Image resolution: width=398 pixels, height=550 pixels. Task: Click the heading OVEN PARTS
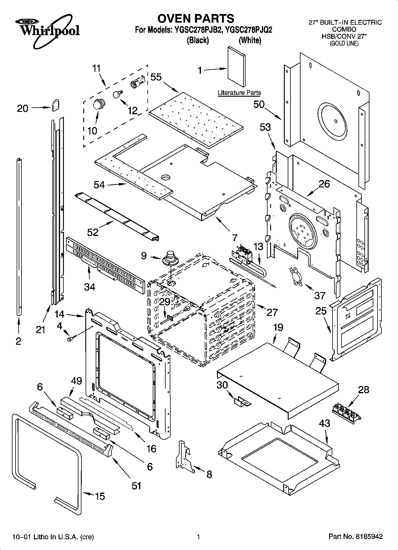[x=196, y=18]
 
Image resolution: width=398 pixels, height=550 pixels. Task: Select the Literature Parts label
[x=239, y=93]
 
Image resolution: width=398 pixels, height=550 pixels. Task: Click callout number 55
[x=156, y=77]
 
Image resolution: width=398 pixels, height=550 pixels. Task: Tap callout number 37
[x=320, y=295]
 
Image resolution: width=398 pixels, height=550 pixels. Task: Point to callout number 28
[x=364, y=389]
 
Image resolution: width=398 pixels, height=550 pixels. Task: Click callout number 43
[x=324, y=423]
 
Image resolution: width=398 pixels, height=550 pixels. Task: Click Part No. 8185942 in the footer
[x=355, y=537]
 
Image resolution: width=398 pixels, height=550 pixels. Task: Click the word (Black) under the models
[x=198, y=40]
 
